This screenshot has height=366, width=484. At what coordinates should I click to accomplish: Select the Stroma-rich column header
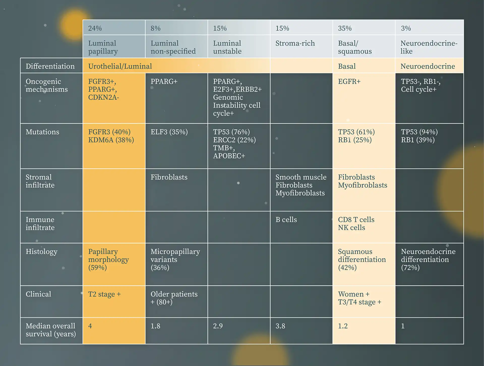pos(295,43)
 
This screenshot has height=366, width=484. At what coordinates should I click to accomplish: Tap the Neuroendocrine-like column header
pos(429,47)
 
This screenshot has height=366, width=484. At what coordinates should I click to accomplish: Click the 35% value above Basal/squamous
pos(345,28)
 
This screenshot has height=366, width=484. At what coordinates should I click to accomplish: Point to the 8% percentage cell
pos(156,28)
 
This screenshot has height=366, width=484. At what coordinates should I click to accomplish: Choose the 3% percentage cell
pos(406,28)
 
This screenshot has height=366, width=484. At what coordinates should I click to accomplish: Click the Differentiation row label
pos(50,66)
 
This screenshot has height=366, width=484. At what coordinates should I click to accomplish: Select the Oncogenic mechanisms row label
pos(47,85)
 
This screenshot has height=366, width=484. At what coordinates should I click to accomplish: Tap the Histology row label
pos(42,251)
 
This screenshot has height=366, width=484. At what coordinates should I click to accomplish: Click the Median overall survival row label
pos(51,330)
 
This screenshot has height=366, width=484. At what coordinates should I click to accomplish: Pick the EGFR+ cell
pos(349,81)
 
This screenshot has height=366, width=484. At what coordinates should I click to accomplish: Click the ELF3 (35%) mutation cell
pos(169,132)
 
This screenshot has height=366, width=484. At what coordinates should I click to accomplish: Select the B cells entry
pos(286,220)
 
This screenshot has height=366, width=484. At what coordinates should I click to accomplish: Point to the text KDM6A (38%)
pos(111,140)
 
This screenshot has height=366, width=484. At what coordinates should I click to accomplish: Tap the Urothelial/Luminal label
pos(120,66)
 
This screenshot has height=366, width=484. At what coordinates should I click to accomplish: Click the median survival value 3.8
pos(280,326)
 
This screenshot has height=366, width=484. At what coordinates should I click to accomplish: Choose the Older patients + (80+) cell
pos(174,298)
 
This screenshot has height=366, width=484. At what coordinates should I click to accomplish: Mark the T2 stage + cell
pos(104,294)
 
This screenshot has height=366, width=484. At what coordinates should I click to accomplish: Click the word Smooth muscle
pos(301,177)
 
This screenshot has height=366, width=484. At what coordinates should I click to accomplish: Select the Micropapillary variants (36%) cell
pos(175,259)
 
